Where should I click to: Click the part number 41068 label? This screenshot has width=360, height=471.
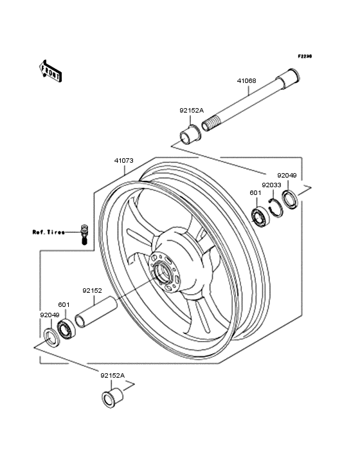point(246,81)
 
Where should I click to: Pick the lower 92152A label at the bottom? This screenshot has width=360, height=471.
point(112,374)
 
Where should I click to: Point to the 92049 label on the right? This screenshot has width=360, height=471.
point(287,174)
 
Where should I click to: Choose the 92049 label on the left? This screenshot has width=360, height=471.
point(50,315)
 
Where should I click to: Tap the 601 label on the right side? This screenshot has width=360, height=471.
point(255,192)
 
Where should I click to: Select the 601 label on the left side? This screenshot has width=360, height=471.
point(64,304)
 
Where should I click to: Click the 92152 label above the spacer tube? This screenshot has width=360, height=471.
point(92,290)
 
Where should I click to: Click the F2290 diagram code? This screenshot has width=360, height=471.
point(304,57)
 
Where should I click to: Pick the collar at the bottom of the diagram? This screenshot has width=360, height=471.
point(112,398)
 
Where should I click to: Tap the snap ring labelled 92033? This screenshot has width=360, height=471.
point(275,207)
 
